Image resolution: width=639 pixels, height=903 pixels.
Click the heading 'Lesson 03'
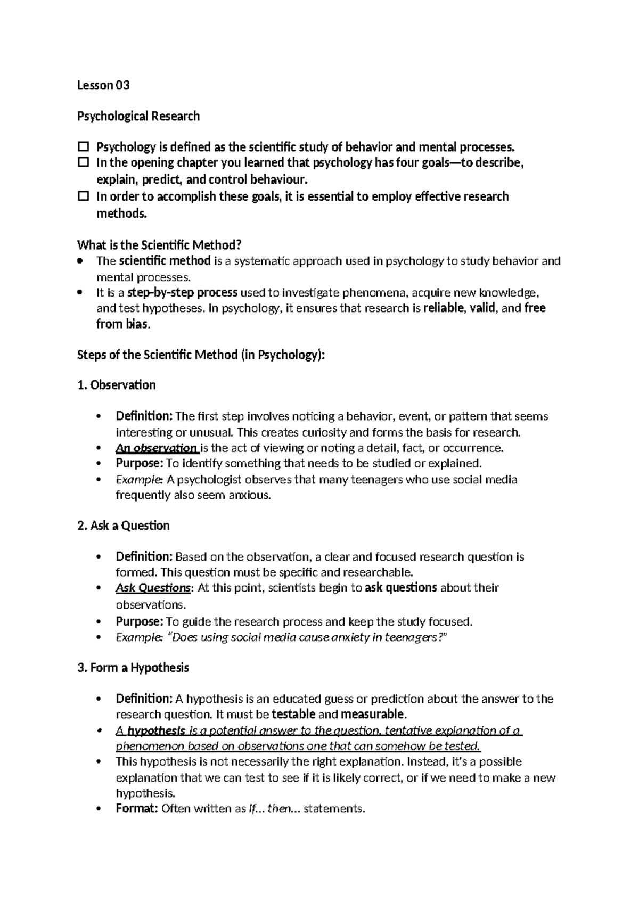[x=103, y=85]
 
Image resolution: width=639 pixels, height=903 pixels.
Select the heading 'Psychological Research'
[x=138, y=116]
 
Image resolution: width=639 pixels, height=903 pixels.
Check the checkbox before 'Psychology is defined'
[x=83, y=146]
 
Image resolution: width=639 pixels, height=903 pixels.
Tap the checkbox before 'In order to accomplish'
[x=83, y=196]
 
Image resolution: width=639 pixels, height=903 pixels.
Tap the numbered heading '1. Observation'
[x=117, y=385]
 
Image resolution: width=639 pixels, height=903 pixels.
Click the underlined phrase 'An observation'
[x=156, y=448]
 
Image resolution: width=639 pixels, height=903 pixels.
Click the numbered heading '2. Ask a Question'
[x=124, y=526]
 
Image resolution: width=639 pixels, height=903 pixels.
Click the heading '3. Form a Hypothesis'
[x=133, y=668]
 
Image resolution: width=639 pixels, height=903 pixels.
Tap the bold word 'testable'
[x=293, y=714]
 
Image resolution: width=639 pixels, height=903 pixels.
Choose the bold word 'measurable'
[x=373, y=714]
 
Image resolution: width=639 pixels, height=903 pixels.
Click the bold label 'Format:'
[x=136, y=809]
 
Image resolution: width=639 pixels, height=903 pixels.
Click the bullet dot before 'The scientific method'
[x=80, y=261]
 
